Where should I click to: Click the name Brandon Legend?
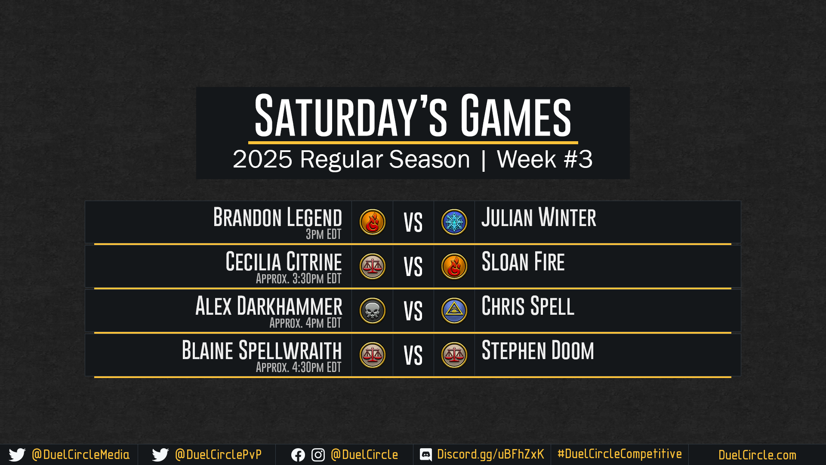pos(277,217)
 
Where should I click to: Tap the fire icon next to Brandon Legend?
pos(373,222)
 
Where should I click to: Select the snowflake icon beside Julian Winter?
pos(454,222)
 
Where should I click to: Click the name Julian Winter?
pos(539,217)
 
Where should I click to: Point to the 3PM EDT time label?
pos(324,234)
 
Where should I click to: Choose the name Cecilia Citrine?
pos(284,261)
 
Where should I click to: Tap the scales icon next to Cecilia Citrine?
pos(373,267)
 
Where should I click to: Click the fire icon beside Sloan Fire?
pos(454,267)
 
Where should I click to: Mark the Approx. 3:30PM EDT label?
pos(299,279)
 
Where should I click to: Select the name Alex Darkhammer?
pos(269,306)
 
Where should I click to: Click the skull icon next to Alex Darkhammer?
pos(373,311)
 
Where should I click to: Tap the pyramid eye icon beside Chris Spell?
pos(454,311)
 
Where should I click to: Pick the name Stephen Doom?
pos(538,350)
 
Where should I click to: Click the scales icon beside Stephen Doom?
pos(454,355)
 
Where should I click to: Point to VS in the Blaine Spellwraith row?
pos(413,356)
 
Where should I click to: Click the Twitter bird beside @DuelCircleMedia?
pos(17,455)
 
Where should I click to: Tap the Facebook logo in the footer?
pos(298,455)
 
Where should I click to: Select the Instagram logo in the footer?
pos(318,455)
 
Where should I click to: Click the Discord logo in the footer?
pos(426,455)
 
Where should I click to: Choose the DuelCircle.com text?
pos(757,455)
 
